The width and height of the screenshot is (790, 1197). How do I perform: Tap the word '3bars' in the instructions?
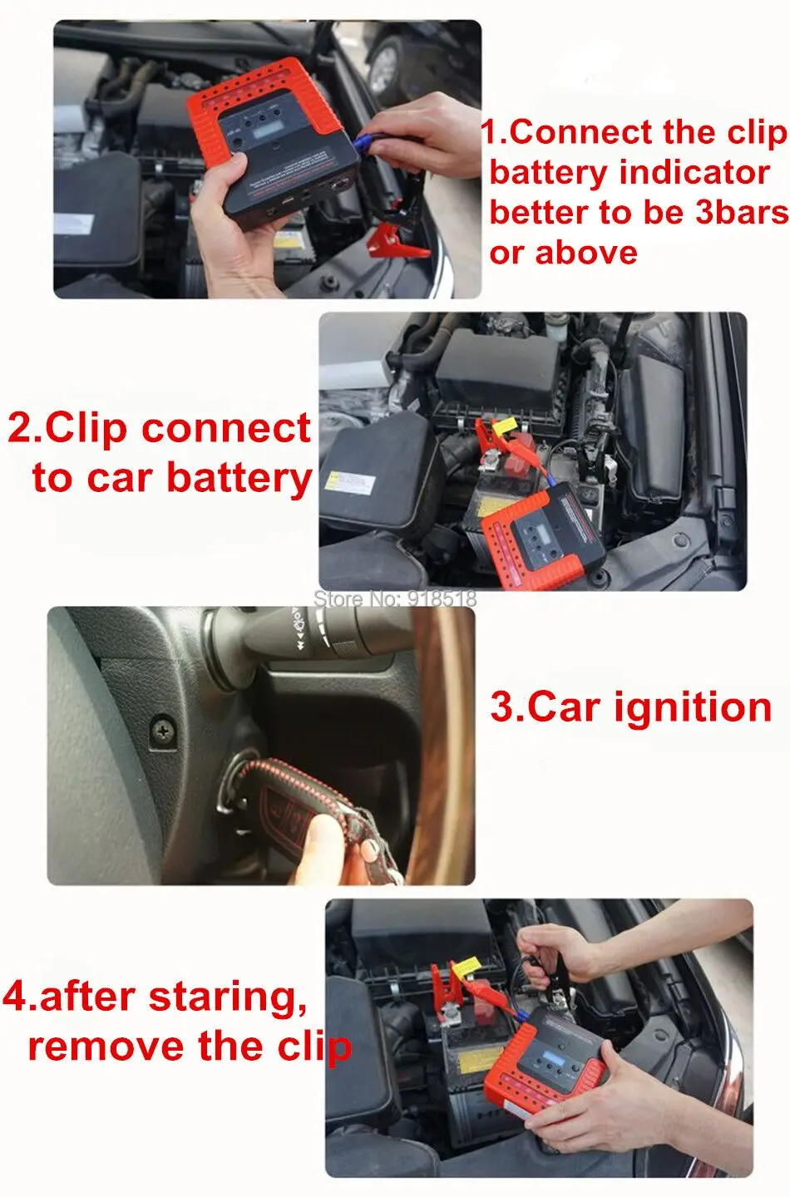point(742,212)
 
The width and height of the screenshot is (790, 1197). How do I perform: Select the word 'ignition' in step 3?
point(693,707)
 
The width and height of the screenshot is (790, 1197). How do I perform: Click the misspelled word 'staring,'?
point(228,997)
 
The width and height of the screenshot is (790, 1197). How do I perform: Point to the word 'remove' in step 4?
point(106,1047)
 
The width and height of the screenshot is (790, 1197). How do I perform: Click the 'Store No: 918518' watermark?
point(394,598)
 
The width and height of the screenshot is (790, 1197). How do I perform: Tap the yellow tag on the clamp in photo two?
point(505,426)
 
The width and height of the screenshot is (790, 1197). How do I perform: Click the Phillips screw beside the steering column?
point(163,730)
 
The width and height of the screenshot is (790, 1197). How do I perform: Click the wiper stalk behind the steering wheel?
point(315,634)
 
